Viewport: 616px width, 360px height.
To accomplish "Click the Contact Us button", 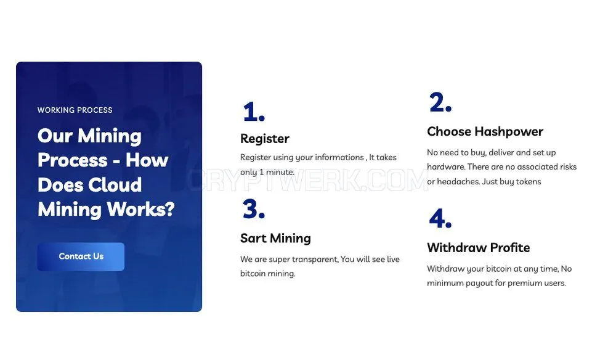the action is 81,256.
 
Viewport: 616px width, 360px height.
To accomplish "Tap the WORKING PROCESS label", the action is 75,110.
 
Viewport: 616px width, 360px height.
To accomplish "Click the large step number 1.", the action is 254,112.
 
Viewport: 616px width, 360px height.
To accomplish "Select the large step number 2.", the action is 440,102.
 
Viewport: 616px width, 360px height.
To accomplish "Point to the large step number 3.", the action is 254,208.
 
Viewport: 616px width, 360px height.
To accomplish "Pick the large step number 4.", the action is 440,218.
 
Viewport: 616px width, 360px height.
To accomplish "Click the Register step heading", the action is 265,139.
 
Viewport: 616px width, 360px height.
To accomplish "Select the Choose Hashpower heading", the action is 485,132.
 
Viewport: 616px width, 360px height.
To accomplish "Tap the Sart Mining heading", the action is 275,238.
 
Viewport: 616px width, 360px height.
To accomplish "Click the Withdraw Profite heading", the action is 479,248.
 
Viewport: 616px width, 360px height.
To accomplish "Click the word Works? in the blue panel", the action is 140,209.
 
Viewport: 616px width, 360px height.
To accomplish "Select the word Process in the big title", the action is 73,160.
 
